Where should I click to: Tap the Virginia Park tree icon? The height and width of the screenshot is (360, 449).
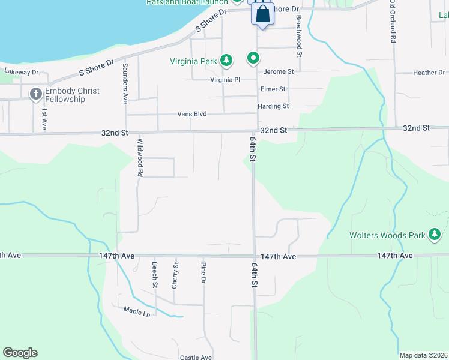(226, 60)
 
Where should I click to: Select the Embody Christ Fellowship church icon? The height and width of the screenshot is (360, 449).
(35, 94)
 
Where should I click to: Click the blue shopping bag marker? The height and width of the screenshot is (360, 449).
(263, 14)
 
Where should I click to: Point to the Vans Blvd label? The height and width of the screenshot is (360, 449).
(192, 114)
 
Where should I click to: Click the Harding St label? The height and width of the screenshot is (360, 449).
(273, 106)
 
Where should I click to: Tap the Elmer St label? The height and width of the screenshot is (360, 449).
(273, 89)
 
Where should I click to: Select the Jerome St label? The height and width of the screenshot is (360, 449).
(279, 71)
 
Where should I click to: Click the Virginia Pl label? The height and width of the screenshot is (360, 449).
(225, 79)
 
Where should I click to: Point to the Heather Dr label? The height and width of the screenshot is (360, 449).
(429, 73)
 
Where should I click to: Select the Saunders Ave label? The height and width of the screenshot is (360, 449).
(125, 82)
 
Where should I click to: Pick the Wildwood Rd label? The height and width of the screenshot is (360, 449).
(140, 157)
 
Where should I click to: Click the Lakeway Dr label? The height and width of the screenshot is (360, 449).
(21, 72)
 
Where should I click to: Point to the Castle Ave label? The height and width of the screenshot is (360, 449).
(196, 358)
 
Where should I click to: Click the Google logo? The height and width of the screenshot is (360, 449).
(20, 353)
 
